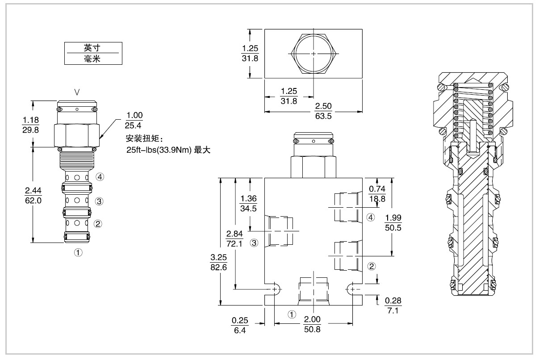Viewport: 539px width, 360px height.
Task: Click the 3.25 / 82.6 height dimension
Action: click(218, 262)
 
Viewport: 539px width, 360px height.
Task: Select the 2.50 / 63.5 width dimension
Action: click(323, 111)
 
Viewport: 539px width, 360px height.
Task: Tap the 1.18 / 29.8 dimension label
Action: click(30, 125)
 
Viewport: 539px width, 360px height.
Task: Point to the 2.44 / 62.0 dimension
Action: click(33, 195)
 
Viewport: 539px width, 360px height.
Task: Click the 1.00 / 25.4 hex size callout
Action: click(134, 120)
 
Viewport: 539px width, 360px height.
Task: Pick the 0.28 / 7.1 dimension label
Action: click(393, 306)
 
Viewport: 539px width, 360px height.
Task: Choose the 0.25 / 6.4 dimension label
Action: click(240, 325)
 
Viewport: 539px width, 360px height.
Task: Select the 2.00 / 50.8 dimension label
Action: click(312, 324)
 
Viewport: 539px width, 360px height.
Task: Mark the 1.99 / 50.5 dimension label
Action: click(393, 222)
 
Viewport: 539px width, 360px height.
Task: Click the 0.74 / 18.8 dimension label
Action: click(377, 194)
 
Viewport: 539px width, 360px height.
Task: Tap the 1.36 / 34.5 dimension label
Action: click(248, 203)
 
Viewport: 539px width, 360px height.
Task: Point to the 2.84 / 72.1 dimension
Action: click(234, 239)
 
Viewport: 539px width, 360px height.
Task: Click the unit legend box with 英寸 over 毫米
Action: click(93, 54)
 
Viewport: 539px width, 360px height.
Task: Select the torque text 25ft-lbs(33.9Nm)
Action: click(159, 150)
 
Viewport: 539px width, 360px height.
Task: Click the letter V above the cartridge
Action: click(77, 92)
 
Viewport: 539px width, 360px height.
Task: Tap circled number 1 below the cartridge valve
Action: click(78, 253)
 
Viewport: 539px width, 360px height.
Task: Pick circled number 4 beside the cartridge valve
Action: click(100, 177)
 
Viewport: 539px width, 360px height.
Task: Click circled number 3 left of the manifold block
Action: click(254, 243)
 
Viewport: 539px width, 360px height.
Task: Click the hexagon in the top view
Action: click(313, 54)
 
